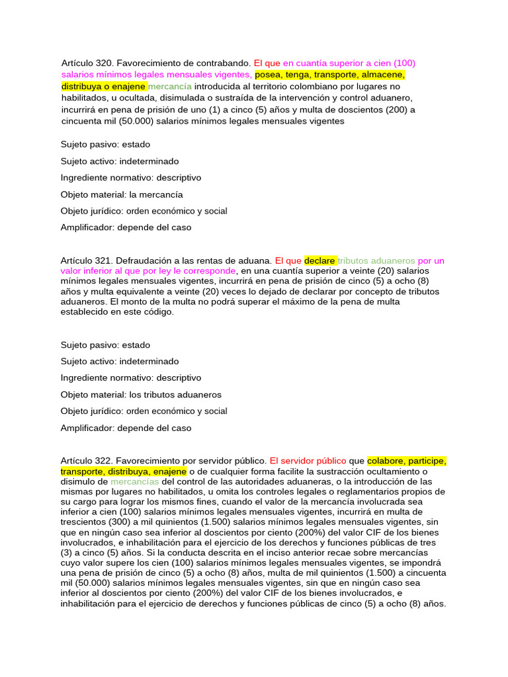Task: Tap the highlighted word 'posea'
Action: click(x=268, y=75)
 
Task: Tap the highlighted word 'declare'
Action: click(x=319, y=260)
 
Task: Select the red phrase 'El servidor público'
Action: click(x=308, y=460)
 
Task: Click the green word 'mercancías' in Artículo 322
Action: click(x=135, y=481)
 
